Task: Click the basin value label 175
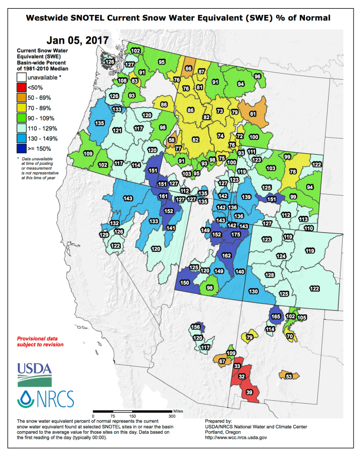pos(236,234)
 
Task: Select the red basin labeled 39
pos(249,392)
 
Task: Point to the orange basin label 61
pos(253,114)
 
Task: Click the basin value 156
pos(195,327)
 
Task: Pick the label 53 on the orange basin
pos(289,377)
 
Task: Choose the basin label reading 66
pos(189,68)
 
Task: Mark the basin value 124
pos(281,256)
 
